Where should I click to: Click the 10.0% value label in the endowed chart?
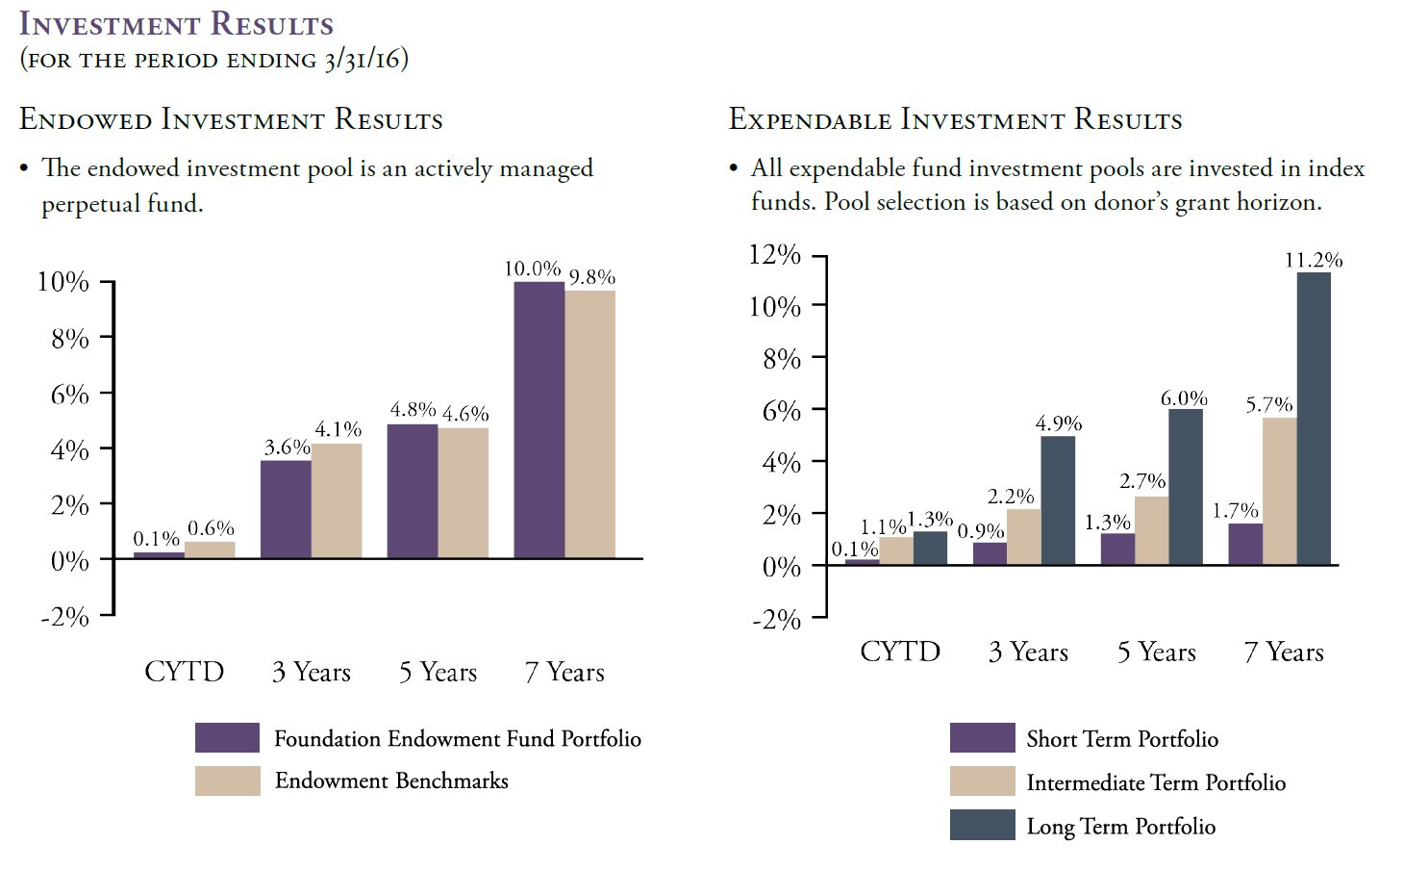[x=532, y=269]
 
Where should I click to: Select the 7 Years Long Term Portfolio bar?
[x=1314, y=419]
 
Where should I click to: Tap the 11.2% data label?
[x=1314, y=260]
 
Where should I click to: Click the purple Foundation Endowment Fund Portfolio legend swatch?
[x=227, y=737]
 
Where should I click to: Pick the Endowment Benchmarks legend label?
[x=391, y=780]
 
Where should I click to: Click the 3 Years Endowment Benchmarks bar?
[x=337, y=500]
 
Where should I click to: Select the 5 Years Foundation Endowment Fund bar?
[x=413, y=491]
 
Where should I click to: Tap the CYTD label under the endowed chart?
[x=185, y=672]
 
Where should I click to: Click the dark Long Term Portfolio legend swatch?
[x=982, y=825]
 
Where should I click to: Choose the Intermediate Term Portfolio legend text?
[x=1156, y=782]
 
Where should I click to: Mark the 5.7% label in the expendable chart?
[x=1268, y=404]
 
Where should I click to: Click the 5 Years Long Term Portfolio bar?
[x=1186, y=487]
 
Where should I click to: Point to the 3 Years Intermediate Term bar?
[x=1024, y=537]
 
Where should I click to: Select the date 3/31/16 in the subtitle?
[x=363, y=61]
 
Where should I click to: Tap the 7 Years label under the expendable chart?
[x=1284, y=652]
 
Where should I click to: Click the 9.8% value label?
[x=592, y=277]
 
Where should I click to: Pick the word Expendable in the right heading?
[x=810, y=119]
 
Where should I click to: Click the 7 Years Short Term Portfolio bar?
[x=1245, y=544]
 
